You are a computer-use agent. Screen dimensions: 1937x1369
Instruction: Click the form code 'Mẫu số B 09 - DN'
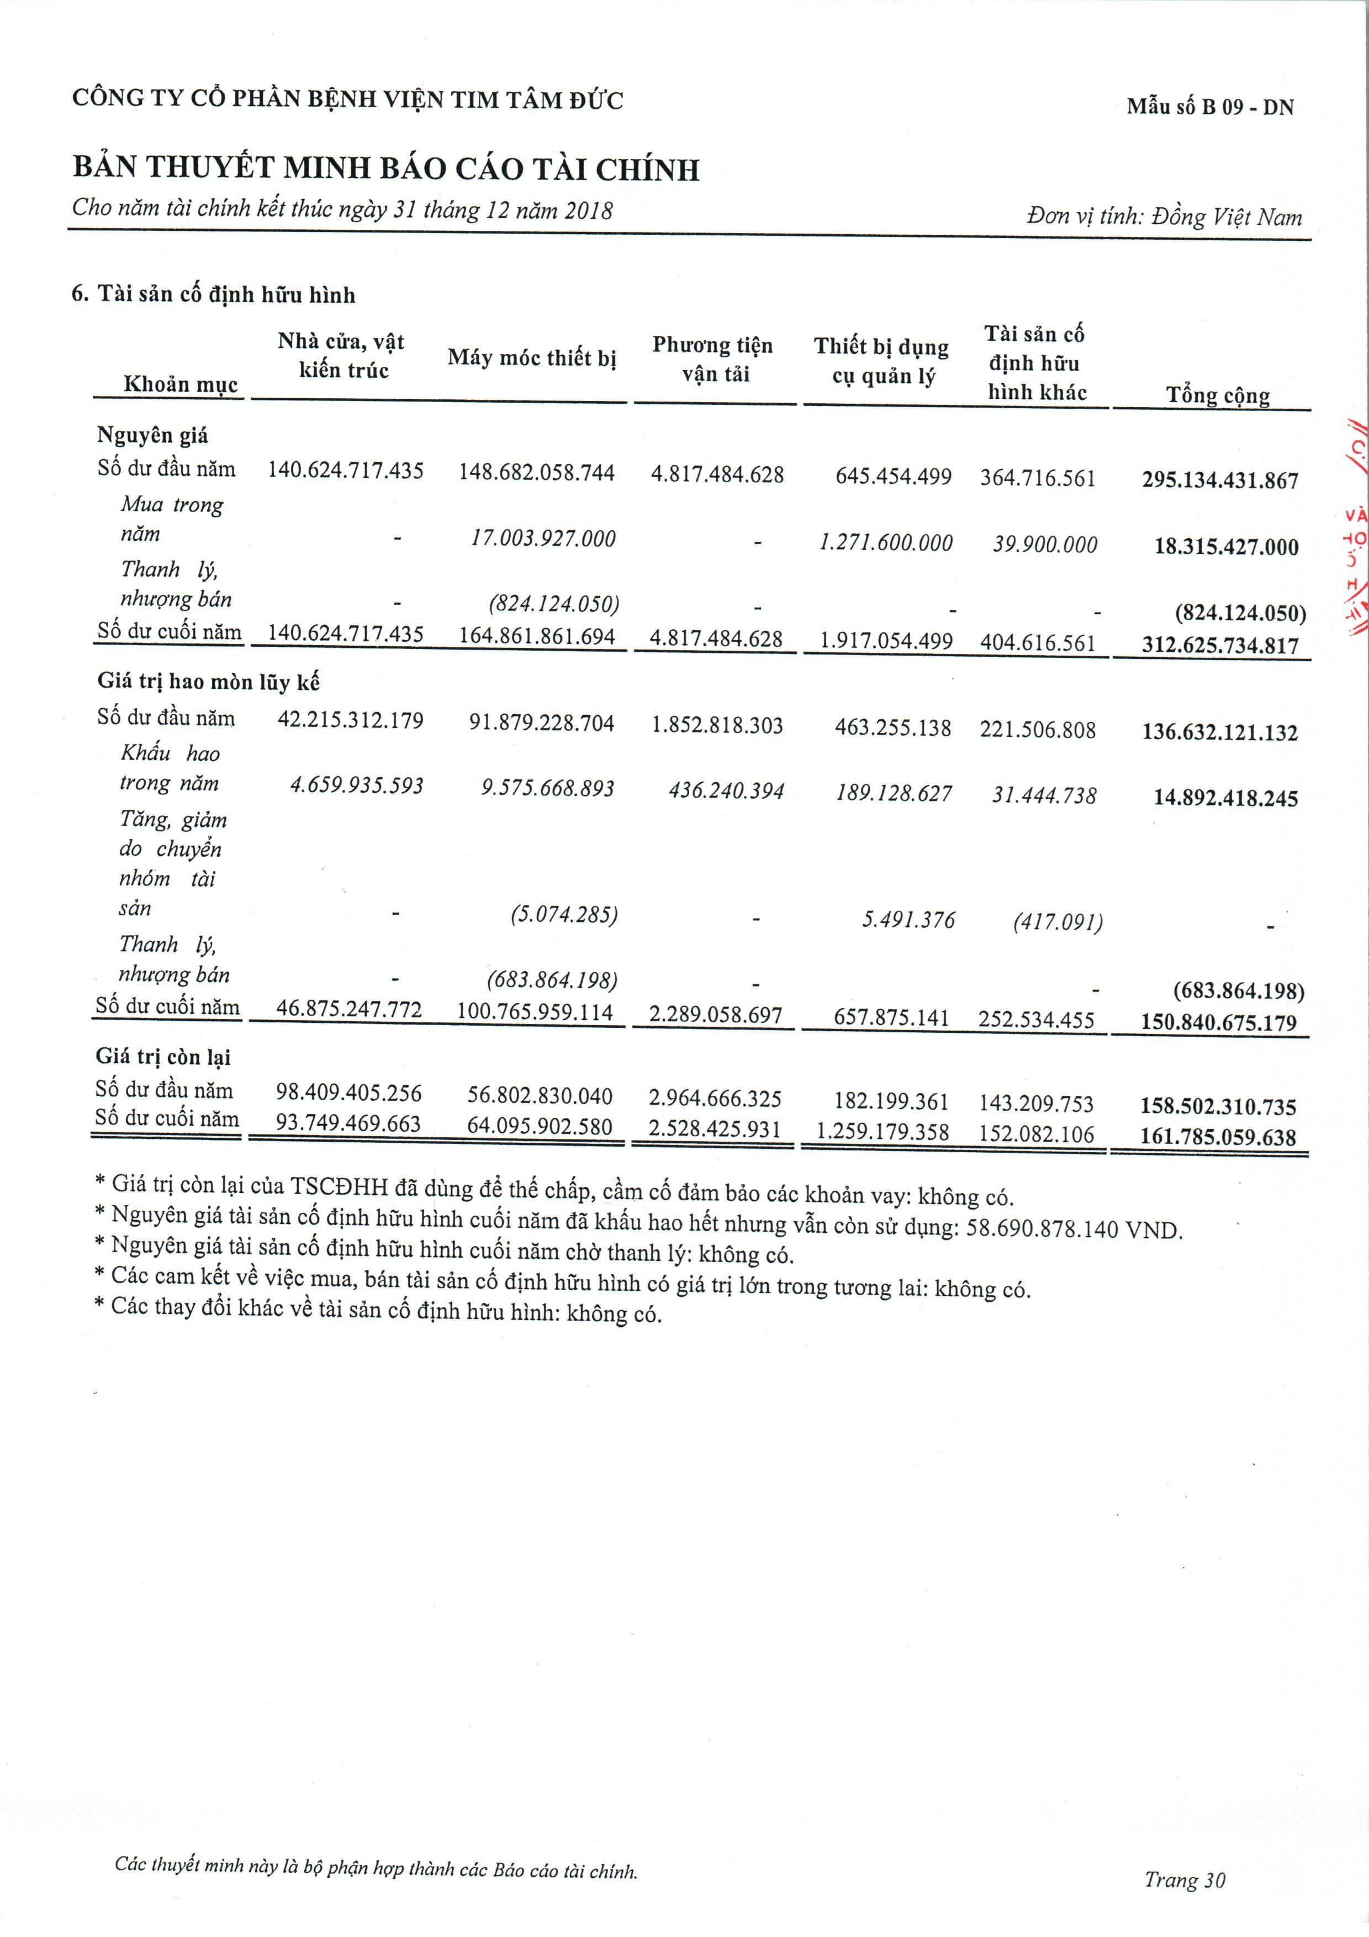(1209, 107)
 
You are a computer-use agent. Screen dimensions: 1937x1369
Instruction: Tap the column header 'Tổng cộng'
(1217, 395)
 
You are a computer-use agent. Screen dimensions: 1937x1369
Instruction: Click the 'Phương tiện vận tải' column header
(713, 360)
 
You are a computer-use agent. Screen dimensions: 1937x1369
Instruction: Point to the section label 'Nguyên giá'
(152, 435)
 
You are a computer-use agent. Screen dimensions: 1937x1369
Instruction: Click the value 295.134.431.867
(1220, 480)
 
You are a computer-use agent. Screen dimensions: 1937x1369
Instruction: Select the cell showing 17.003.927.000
(543, 539)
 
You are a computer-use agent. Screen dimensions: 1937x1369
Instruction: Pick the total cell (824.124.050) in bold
(1240, 613)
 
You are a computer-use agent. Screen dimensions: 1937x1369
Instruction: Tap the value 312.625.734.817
(1220, 645)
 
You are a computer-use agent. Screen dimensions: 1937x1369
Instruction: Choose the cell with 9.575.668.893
(547, 788)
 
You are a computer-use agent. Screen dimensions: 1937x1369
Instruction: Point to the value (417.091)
(1058, 922)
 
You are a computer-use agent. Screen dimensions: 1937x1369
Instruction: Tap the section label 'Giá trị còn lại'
(163, 1057)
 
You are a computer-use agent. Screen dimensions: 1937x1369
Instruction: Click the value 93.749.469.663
(348, 1125)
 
